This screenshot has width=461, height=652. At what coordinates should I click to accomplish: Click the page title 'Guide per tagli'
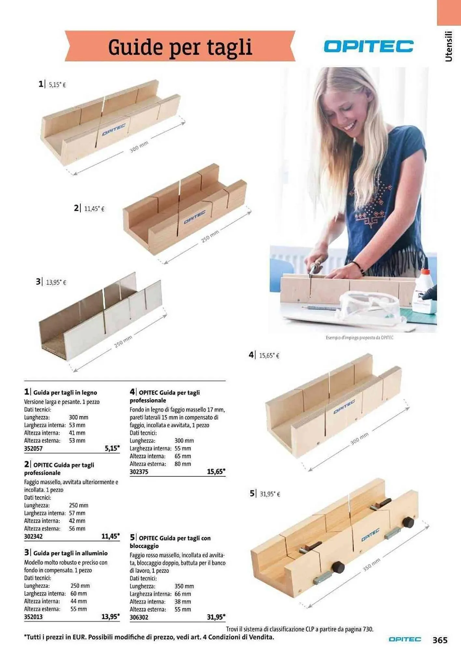tap(180, 47)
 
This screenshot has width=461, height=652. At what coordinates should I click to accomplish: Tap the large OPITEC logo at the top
tap(369, 46)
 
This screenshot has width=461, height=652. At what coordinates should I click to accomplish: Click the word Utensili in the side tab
tap(449, 46)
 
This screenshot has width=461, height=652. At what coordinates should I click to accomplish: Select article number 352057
tap(33, 448)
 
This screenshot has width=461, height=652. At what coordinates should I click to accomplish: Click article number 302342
tap(33, 536)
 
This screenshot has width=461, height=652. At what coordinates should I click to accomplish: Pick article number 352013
tap(33, 617)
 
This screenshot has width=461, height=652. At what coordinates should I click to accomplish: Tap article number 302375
tap(139, 472)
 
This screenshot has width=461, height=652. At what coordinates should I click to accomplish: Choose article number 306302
tap(139, 617)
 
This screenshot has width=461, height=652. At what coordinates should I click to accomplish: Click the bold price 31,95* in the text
tap(216, 617)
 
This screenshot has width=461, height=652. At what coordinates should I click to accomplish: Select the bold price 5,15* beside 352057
tap(112, 448)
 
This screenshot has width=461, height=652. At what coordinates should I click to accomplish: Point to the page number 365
tap(440, 640)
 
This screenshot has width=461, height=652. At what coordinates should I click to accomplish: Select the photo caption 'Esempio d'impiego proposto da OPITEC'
tap(359, 338)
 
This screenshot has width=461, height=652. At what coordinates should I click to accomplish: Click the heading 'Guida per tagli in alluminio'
tap(70, 553)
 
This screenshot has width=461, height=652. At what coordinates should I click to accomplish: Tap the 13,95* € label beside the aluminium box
tap(56, 282)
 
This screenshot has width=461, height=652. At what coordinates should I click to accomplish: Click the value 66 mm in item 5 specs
tap(183, 594)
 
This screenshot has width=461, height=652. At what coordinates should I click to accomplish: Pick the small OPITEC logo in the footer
tap(405, 640)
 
